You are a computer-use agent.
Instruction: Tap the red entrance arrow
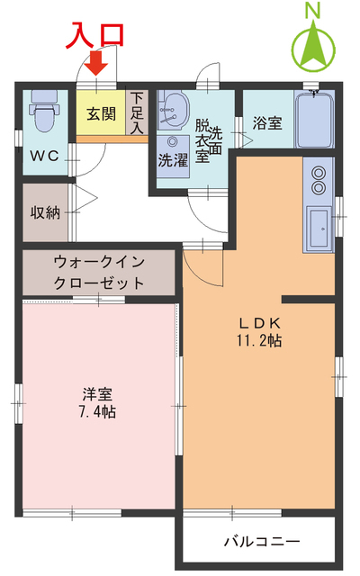tap(96, 64)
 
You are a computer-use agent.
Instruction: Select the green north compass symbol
tap(313, 46)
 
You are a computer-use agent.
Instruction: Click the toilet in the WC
tap(41, 112)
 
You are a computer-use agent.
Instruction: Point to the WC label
tap(44, 156)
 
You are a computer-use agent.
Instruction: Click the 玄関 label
tap(101, 115)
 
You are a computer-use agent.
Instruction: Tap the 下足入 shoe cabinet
tap(137, 113)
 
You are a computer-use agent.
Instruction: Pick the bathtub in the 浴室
tap(314, 122)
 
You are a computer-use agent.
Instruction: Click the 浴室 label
tap(266, 123)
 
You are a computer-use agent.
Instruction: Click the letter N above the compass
tap(313, 11)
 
